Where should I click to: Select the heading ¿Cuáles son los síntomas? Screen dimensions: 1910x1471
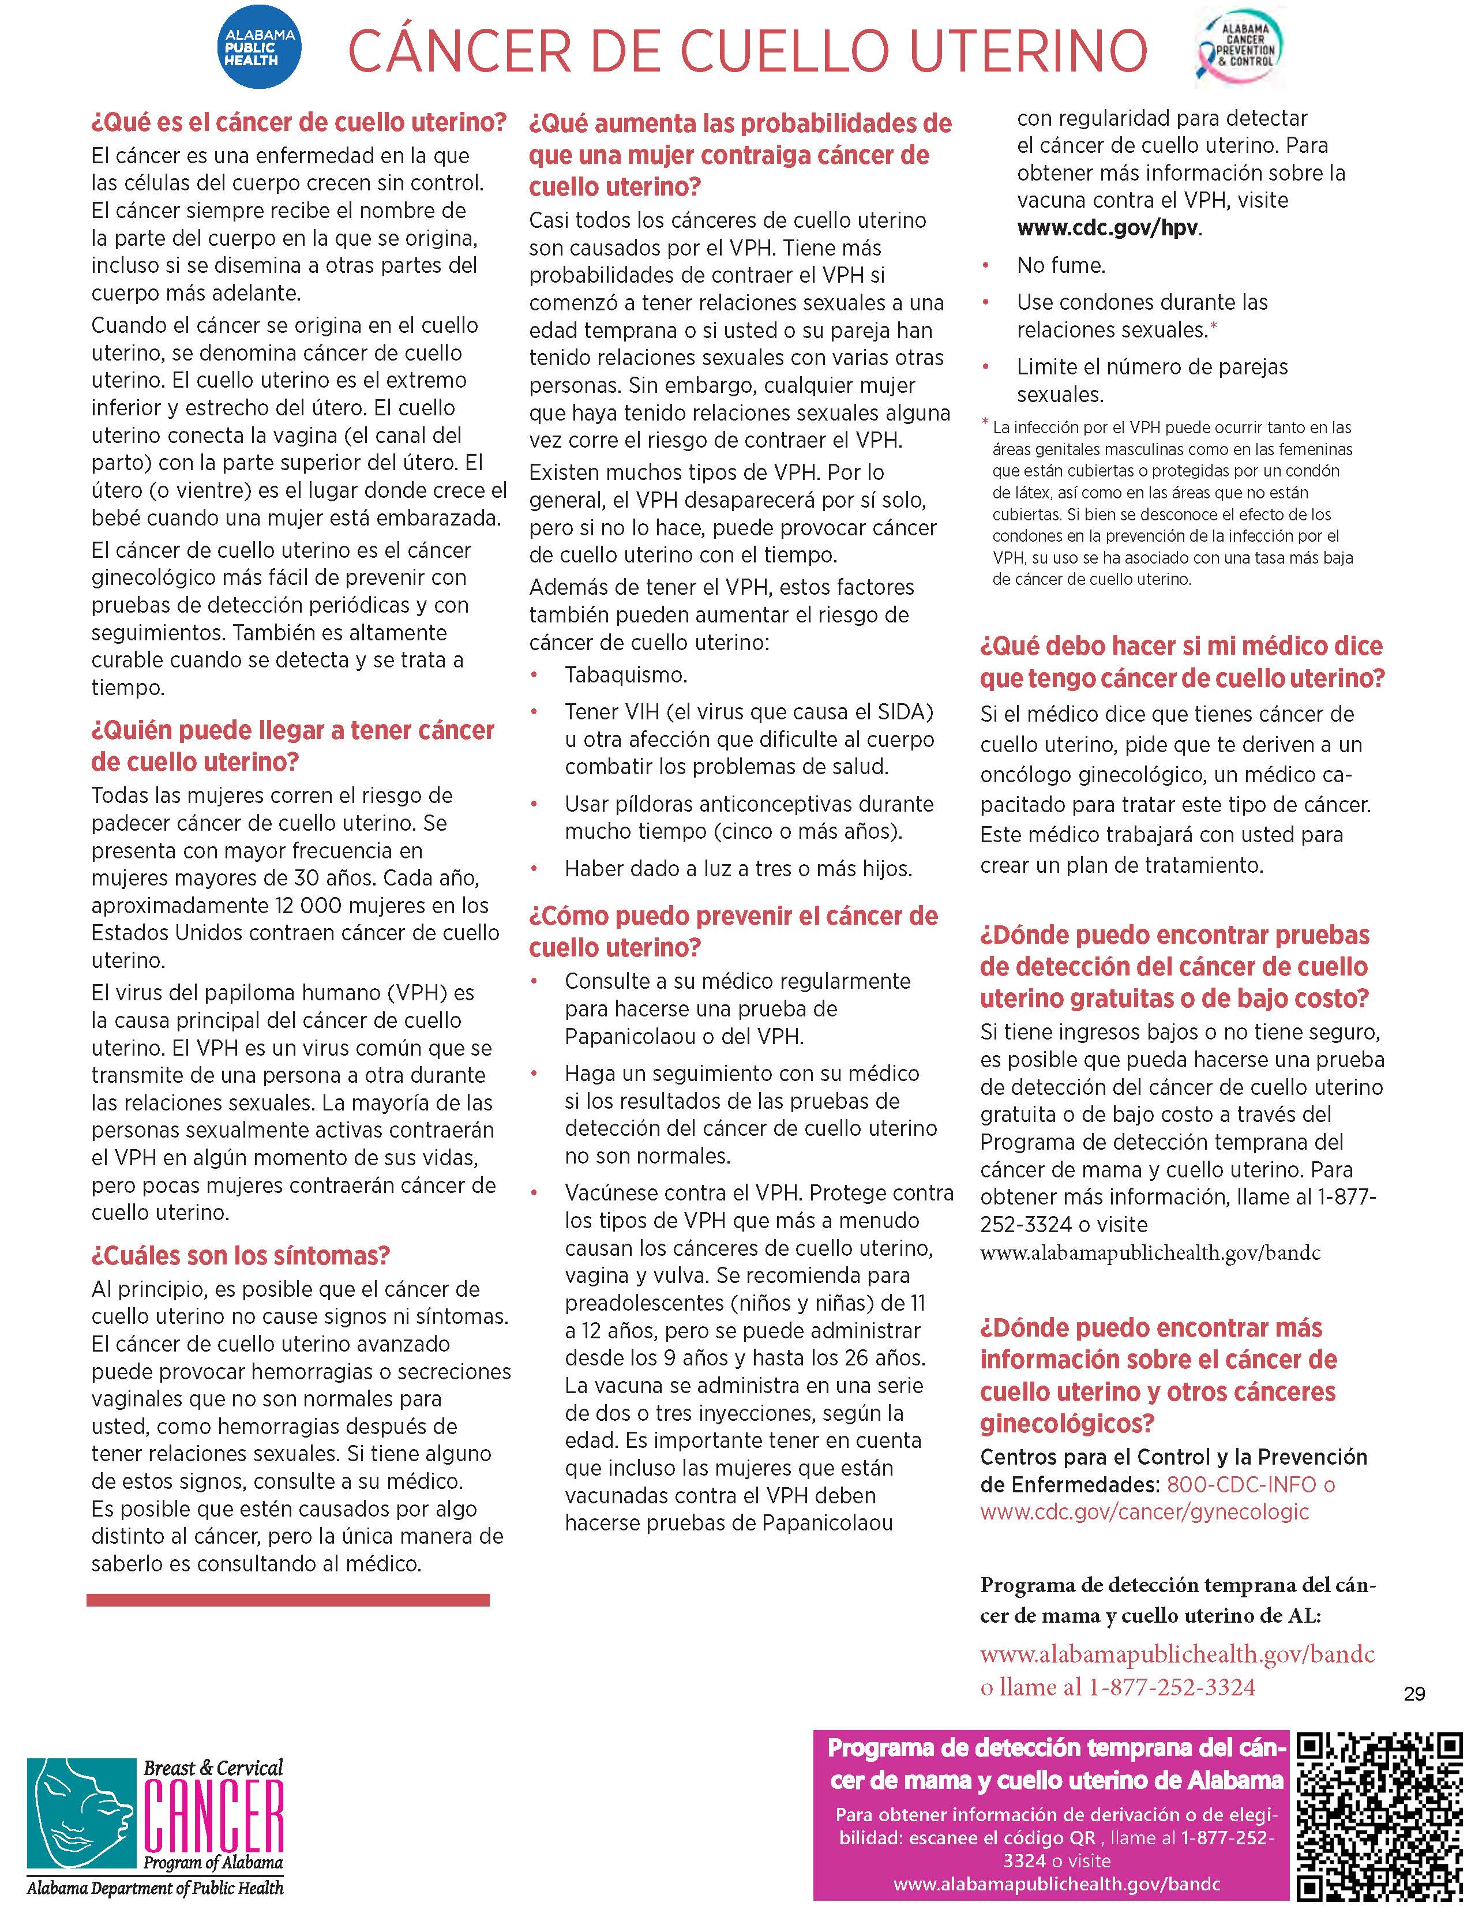point(241,1256)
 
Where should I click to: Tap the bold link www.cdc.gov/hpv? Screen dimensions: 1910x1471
point(1108,227)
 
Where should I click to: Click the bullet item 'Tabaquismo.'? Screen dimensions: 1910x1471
point(626,675)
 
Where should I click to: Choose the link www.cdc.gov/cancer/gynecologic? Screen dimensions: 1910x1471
point(1144,1511)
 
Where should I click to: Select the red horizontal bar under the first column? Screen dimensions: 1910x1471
point(288,1600)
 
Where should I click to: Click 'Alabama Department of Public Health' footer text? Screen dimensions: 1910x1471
point(155,1888)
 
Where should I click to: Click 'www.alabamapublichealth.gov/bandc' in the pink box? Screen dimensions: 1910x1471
point(1056,1884)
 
